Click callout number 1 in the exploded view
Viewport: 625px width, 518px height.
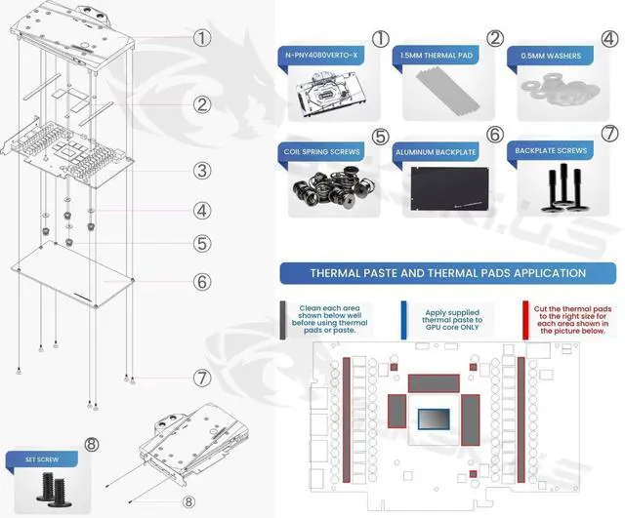coord(201,38)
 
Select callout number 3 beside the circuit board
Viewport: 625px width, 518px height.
coord(201,171)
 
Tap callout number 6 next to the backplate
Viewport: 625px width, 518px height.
coord(201,281)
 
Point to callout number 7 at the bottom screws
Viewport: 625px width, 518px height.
coord(201,377)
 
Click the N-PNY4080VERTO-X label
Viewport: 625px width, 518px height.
coord(322,56)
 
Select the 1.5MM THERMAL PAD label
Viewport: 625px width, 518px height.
coord(437,56)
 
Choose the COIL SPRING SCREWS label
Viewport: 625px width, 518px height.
coord(323,152)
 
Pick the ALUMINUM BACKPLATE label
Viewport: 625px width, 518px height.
coord(437,153)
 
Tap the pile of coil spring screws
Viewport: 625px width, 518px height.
coord(325,187)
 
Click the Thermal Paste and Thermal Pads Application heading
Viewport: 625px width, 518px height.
coord(447,273)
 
